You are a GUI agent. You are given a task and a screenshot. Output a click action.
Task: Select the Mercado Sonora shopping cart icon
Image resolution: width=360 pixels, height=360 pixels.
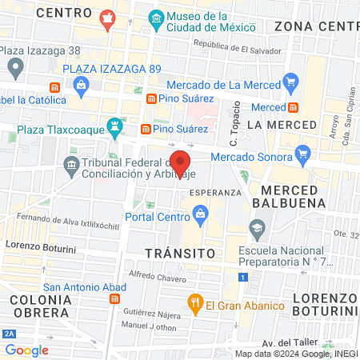(302, 153)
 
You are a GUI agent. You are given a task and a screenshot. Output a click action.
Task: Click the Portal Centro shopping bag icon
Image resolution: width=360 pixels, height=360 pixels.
(200, 214)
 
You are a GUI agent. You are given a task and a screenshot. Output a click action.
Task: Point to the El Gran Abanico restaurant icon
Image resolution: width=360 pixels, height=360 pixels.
(194, 303)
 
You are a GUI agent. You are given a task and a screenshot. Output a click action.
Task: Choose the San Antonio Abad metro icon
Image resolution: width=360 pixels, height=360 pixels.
(115, 299)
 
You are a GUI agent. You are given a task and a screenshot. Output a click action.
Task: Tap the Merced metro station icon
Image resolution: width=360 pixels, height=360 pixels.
(294, 106)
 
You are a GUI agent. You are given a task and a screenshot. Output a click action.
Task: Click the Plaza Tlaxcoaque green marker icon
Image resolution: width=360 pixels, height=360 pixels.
(117, 126)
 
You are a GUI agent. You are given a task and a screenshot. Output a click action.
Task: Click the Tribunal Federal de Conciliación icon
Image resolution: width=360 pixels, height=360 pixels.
(71, 166)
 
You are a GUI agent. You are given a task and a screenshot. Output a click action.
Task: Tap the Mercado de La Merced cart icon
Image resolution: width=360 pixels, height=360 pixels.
(290, 83)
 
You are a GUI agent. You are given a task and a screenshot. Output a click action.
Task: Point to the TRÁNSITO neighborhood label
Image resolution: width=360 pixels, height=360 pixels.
(181, 253)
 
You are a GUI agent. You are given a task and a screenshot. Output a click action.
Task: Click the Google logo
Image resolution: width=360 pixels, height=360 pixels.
(26, 350)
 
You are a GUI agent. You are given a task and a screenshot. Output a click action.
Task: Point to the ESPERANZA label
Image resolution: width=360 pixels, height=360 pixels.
(215, 193)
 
